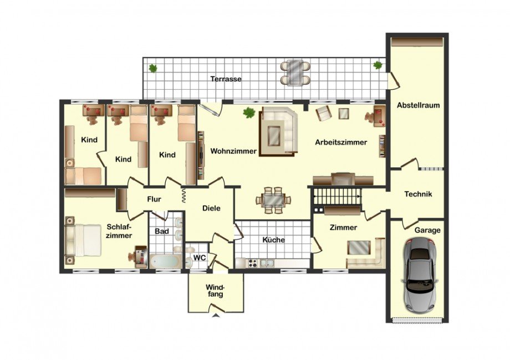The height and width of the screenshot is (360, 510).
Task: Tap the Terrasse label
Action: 226,79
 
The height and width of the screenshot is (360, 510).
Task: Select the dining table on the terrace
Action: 295,73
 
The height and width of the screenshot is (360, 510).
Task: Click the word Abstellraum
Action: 418,105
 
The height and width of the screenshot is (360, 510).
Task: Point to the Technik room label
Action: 418,194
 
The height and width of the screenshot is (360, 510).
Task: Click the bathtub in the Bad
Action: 165,261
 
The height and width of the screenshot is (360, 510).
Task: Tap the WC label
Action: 200,258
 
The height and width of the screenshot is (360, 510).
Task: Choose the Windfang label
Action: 215,291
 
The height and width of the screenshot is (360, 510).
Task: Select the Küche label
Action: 273,240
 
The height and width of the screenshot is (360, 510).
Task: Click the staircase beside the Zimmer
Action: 337,197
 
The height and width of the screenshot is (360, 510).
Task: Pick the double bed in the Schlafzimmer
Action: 83,240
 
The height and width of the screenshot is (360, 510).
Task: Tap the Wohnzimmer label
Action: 233,151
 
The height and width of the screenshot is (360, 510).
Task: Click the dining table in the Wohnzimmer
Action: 273,200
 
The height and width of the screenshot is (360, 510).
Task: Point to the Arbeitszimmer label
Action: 341,142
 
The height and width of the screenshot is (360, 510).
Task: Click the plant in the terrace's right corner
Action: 378,65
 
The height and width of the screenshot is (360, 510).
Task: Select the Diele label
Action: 211,208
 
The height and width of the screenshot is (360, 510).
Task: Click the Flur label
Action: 154,199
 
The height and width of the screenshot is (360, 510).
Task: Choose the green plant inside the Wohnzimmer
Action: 249,112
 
